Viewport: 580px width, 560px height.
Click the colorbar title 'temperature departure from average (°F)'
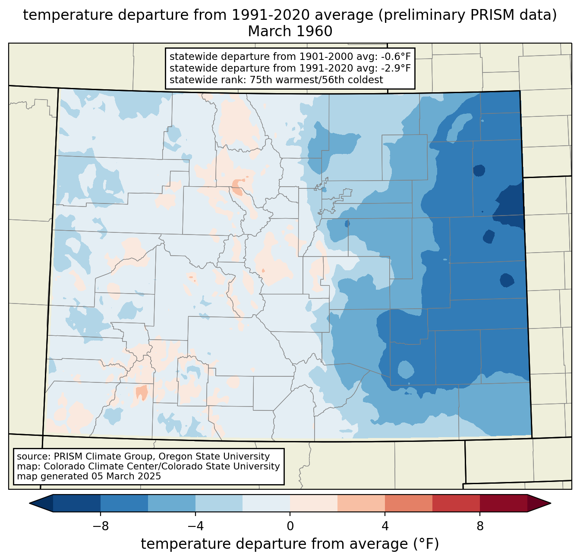(290, 544)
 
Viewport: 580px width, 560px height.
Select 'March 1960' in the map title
(290, 31)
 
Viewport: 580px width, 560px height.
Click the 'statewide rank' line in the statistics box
(276, 80)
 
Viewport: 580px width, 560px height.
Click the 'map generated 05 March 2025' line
(89, 476)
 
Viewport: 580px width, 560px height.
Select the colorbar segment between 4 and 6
(409, 503)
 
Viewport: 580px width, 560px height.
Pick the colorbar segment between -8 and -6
(124, 503)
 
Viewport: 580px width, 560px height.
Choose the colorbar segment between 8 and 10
(504, 503)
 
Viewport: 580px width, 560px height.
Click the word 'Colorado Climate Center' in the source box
(89, 466)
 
